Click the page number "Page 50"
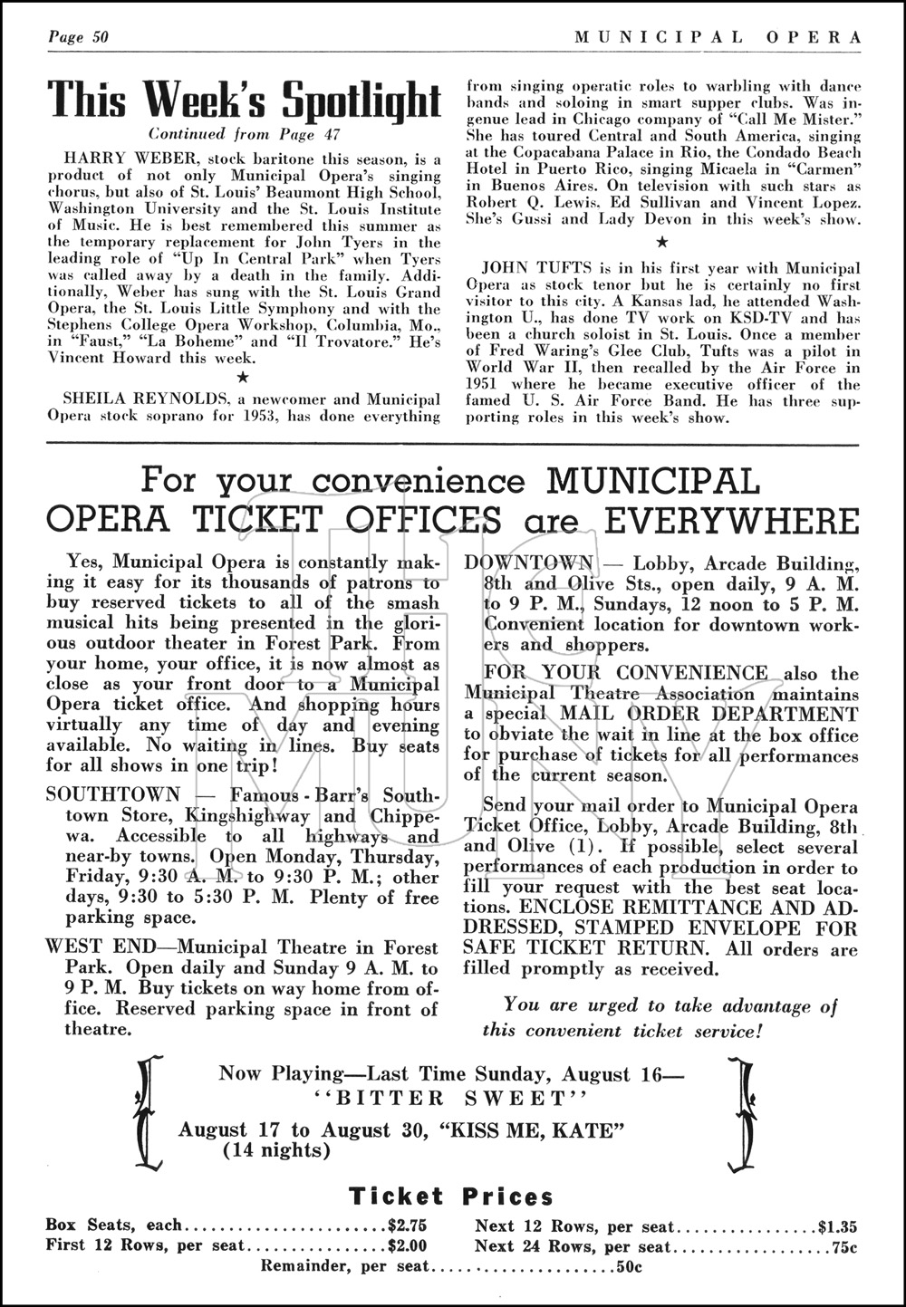click(79, 37)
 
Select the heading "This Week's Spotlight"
click(244, 100)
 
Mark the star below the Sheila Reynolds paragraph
click(662, 242)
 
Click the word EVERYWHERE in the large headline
click(731, 522)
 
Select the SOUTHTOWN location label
click(113, 794)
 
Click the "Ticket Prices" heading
click(451, 1196)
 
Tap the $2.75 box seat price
click(407, 1225)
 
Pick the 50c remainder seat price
click(629, 1266)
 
